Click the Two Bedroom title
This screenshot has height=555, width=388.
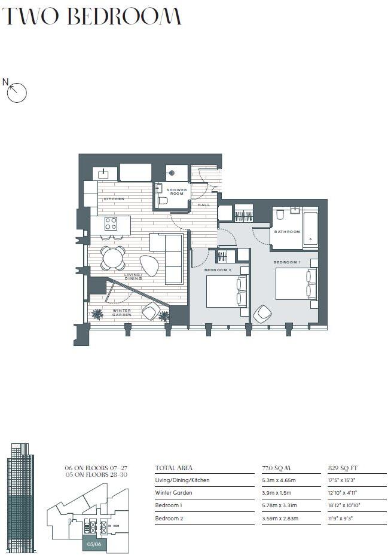point(91,16)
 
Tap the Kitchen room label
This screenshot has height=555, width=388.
point(114,198)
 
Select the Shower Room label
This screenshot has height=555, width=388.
point(177,192)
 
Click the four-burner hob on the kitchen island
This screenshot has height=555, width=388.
point(111,223)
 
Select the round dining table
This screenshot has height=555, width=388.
point(113,258)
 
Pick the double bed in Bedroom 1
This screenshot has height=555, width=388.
point(295,284)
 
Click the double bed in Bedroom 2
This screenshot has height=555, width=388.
point(227,291)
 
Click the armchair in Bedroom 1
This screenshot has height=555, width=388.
point(262,314)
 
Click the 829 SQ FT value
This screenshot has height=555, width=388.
point(342,468)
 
